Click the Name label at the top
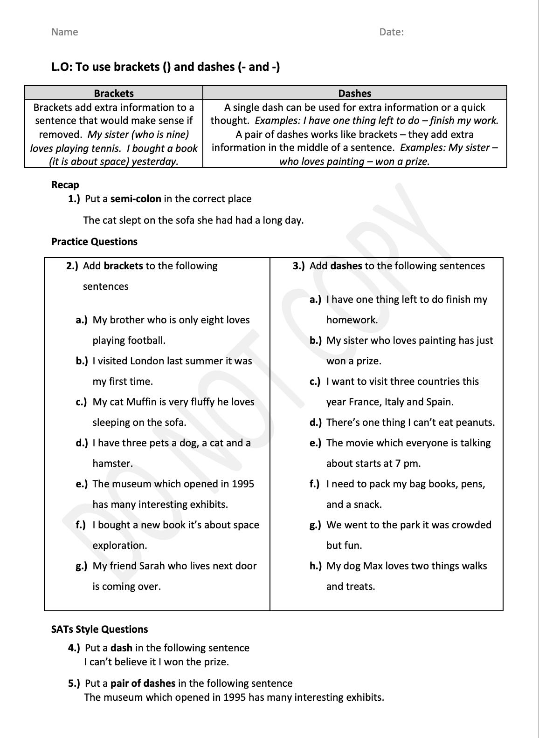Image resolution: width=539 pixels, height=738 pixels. [x=64, y=32]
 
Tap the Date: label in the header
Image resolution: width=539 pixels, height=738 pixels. [x=391, y=32]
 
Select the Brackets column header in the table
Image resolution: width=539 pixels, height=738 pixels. [x=114, y=93]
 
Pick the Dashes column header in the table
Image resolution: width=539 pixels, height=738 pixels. [x=355, y=93]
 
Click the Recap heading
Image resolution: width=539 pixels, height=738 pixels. [x=65, y=185]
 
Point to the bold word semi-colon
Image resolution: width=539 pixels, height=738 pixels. [x=136, y=199]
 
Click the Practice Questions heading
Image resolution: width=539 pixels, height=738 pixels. [x=94, y=242]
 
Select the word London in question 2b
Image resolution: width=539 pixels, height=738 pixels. [x=147, y=361]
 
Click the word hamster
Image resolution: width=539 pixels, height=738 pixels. [x=112, y=464]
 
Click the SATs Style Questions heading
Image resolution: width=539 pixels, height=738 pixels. [x=99, y=629]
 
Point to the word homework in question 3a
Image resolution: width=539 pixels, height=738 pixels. [x=352, y=320]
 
